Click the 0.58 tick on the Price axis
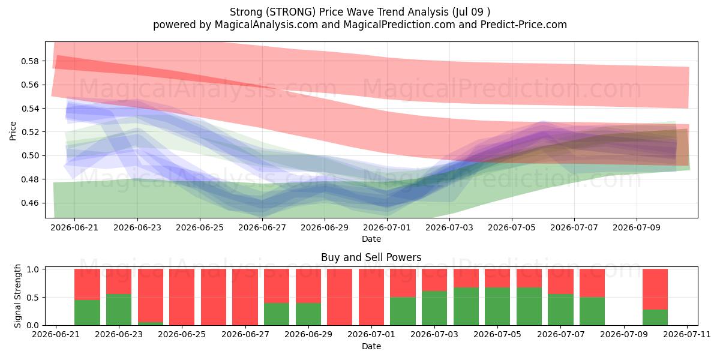point(30,61)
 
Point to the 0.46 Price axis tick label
point(30,203)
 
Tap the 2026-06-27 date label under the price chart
point(262,227)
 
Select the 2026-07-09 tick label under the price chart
point(637,227)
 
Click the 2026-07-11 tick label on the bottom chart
point(687,334)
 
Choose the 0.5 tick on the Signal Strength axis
point(33,298)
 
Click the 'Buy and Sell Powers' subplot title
point(371,257)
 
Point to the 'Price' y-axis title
point(13,131)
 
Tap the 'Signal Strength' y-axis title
point(17,296)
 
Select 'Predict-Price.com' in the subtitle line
point(524,25)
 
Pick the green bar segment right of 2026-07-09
point(655,317)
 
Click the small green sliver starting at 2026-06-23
point(151,323)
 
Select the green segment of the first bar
point(87,313)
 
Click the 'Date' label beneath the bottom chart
point(371,346)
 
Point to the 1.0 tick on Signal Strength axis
point(33,269)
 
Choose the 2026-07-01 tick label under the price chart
point(386,227)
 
